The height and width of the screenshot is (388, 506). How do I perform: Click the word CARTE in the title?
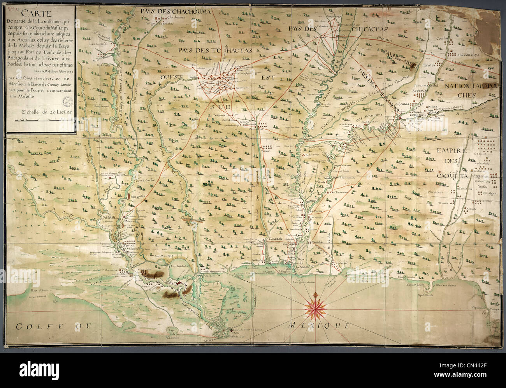[x=40, y=14]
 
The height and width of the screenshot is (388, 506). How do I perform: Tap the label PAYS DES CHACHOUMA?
[x=176, y=11]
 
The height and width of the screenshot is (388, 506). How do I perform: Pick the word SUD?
[x=218, y=105]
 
